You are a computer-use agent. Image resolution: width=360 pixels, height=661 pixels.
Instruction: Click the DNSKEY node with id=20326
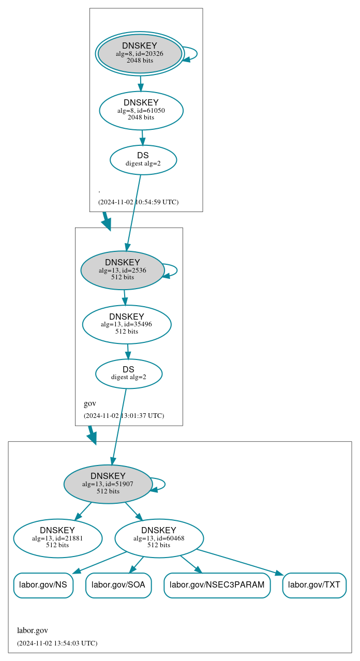click(140, 54)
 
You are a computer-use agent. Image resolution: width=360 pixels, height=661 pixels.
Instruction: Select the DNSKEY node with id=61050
click(141, 110)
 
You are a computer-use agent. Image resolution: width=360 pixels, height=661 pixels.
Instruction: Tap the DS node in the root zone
click(143, 160)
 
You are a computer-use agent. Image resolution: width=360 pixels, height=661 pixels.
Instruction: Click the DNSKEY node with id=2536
click(123, 270)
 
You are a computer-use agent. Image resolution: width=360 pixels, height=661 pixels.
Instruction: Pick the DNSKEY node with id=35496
click(127, 324)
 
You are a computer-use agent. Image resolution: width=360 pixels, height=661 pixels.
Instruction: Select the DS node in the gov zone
click(129, 373)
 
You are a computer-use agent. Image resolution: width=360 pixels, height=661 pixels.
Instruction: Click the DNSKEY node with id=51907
click(108, 484)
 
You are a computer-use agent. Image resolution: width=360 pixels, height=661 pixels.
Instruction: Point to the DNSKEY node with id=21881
click(57, 538)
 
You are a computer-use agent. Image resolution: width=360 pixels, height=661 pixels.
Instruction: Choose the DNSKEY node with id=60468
click(159, 538)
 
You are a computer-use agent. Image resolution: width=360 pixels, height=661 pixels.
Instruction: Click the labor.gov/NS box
click(43, 585)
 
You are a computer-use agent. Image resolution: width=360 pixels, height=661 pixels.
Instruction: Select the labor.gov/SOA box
click(118, 585)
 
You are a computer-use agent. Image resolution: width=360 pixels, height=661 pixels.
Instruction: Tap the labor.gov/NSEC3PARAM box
click(217, 585)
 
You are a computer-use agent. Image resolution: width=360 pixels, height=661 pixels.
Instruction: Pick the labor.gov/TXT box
click(314, 585)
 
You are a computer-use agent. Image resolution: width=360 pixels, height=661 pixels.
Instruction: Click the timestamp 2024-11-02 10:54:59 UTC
click(138, 202)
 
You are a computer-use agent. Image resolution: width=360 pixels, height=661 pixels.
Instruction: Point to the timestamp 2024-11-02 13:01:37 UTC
click(124, 416)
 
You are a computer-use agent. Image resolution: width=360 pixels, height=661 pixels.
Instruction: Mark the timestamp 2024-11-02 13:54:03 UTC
click(57, 643)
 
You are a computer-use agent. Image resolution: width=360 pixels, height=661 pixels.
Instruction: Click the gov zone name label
click(90, 403)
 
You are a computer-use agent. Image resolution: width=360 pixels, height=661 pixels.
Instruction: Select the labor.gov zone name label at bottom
click(33, 630)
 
